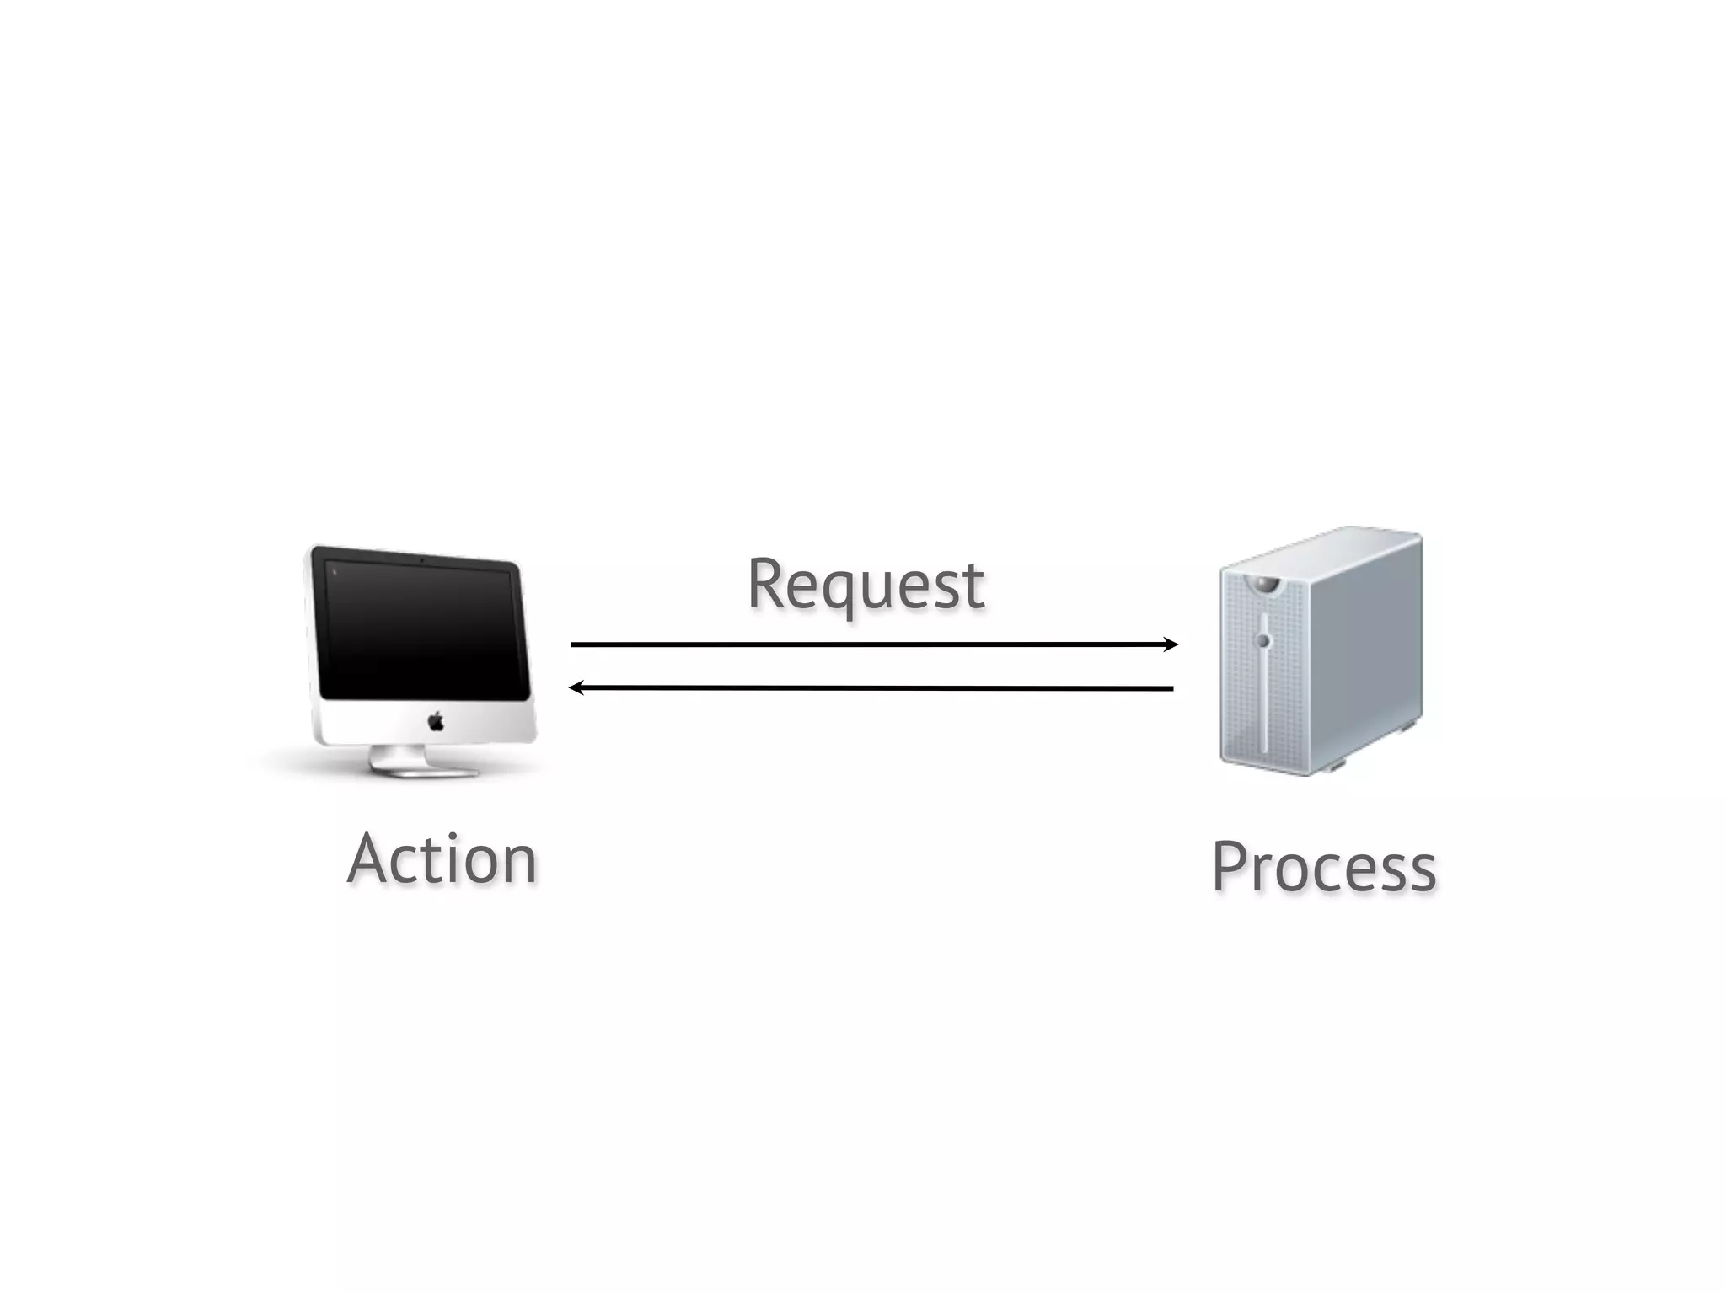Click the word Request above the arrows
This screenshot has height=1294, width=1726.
(866, 585)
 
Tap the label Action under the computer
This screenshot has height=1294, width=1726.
(442, 859)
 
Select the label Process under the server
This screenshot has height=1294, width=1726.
(1324, 868)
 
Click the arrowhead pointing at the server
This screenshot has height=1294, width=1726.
(1171, 644)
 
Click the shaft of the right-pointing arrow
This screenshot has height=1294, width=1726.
(868, 644)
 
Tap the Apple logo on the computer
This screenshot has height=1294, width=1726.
(436, 721)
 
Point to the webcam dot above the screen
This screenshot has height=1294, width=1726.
(421, 560)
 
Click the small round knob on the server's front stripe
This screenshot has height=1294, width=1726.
(1262, 641)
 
